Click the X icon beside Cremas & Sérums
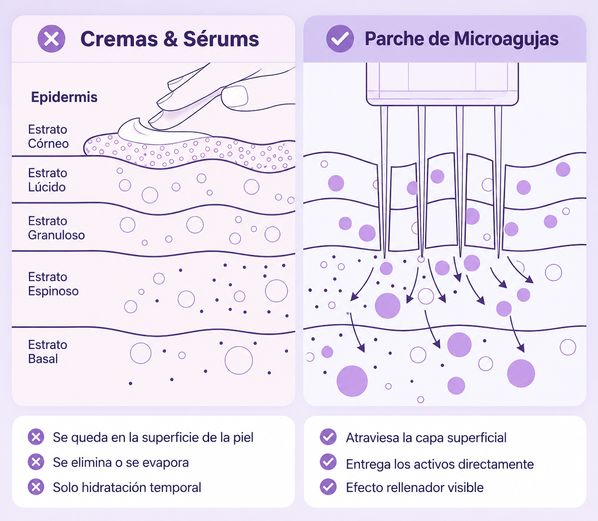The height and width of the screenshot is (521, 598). tap(52, 39)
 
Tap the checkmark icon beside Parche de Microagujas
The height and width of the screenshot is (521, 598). tap(340, 39)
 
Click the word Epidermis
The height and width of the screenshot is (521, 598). tap(64, 98)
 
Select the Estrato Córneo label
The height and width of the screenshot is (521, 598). tap(48, 136)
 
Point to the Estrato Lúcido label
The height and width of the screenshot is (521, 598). tap(48, 180)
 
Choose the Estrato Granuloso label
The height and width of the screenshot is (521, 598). tap(56, 228)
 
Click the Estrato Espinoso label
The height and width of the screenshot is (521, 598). tap(53, 284)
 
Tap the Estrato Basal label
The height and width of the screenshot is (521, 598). tap(48, 352)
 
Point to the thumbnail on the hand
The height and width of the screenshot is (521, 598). tap(234, 96)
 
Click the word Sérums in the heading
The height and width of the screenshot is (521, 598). tap(221, 39)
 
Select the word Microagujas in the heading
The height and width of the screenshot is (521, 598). tap(506, 40)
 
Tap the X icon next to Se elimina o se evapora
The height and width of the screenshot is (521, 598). tap(36, 462)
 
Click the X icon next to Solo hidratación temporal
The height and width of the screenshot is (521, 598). tap(36, 487)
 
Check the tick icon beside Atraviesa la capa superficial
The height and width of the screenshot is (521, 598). tap(328, 437)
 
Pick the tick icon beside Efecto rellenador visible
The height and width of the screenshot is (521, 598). tap(328, 487)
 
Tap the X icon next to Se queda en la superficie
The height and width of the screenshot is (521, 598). tap(36, 437)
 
